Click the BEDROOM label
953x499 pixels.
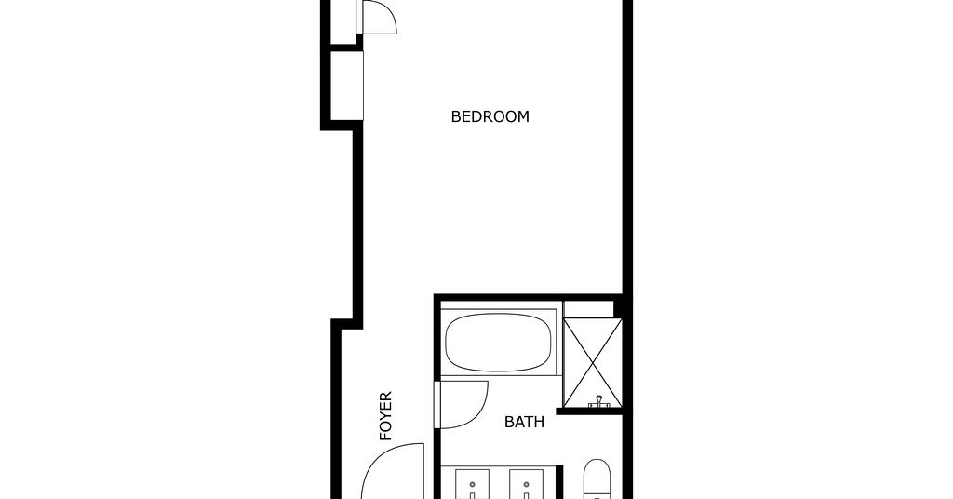[x=490, y=116]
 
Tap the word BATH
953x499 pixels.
[x=524, y=422]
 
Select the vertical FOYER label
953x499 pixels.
[x=385, y=416]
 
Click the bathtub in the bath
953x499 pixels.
[x=499, y=343]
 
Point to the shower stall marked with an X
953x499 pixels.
[x=593, y=362]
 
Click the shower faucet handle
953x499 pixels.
[x=599, y=401]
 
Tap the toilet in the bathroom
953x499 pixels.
[x=597, y=479]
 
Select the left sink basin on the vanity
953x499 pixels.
[x=472, y=484]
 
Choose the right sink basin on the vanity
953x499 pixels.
[x=527, y=484]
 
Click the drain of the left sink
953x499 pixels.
[x=472, y=485]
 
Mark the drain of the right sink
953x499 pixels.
[x=527, y=485]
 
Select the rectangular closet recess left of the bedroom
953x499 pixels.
[x=346, y=86]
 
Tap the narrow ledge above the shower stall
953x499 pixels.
[x=588, y=309]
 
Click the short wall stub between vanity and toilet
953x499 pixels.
[x=560, y=482]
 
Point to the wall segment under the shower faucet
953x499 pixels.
[x=589, y=411]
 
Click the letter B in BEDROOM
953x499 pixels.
[x=456, y=116]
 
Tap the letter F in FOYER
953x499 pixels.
[x=385, y=436]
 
